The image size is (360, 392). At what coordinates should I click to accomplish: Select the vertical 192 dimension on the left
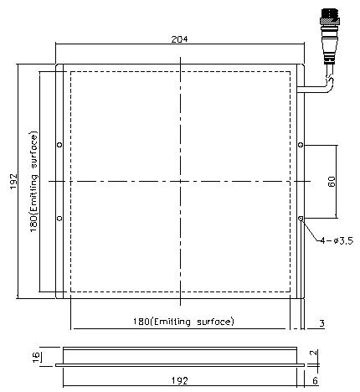(x=13, y=181)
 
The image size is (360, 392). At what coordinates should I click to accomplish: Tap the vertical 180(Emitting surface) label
(x=33, y=182)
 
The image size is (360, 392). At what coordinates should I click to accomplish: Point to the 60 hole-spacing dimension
(x=332, y=182)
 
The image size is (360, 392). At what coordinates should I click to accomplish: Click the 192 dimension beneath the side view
(x=179, y=380)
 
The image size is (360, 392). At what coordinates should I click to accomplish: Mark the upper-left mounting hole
(x=59, y=145)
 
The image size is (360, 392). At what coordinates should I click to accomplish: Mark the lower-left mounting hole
(x=59, y=219)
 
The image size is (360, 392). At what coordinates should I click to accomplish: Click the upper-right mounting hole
(x=301, y=145)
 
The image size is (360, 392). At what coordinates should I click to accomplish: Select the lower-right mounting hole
(x=301, y=219)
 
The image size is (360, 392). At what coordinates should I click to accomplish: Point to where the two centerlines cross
(x=179, y=181)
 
